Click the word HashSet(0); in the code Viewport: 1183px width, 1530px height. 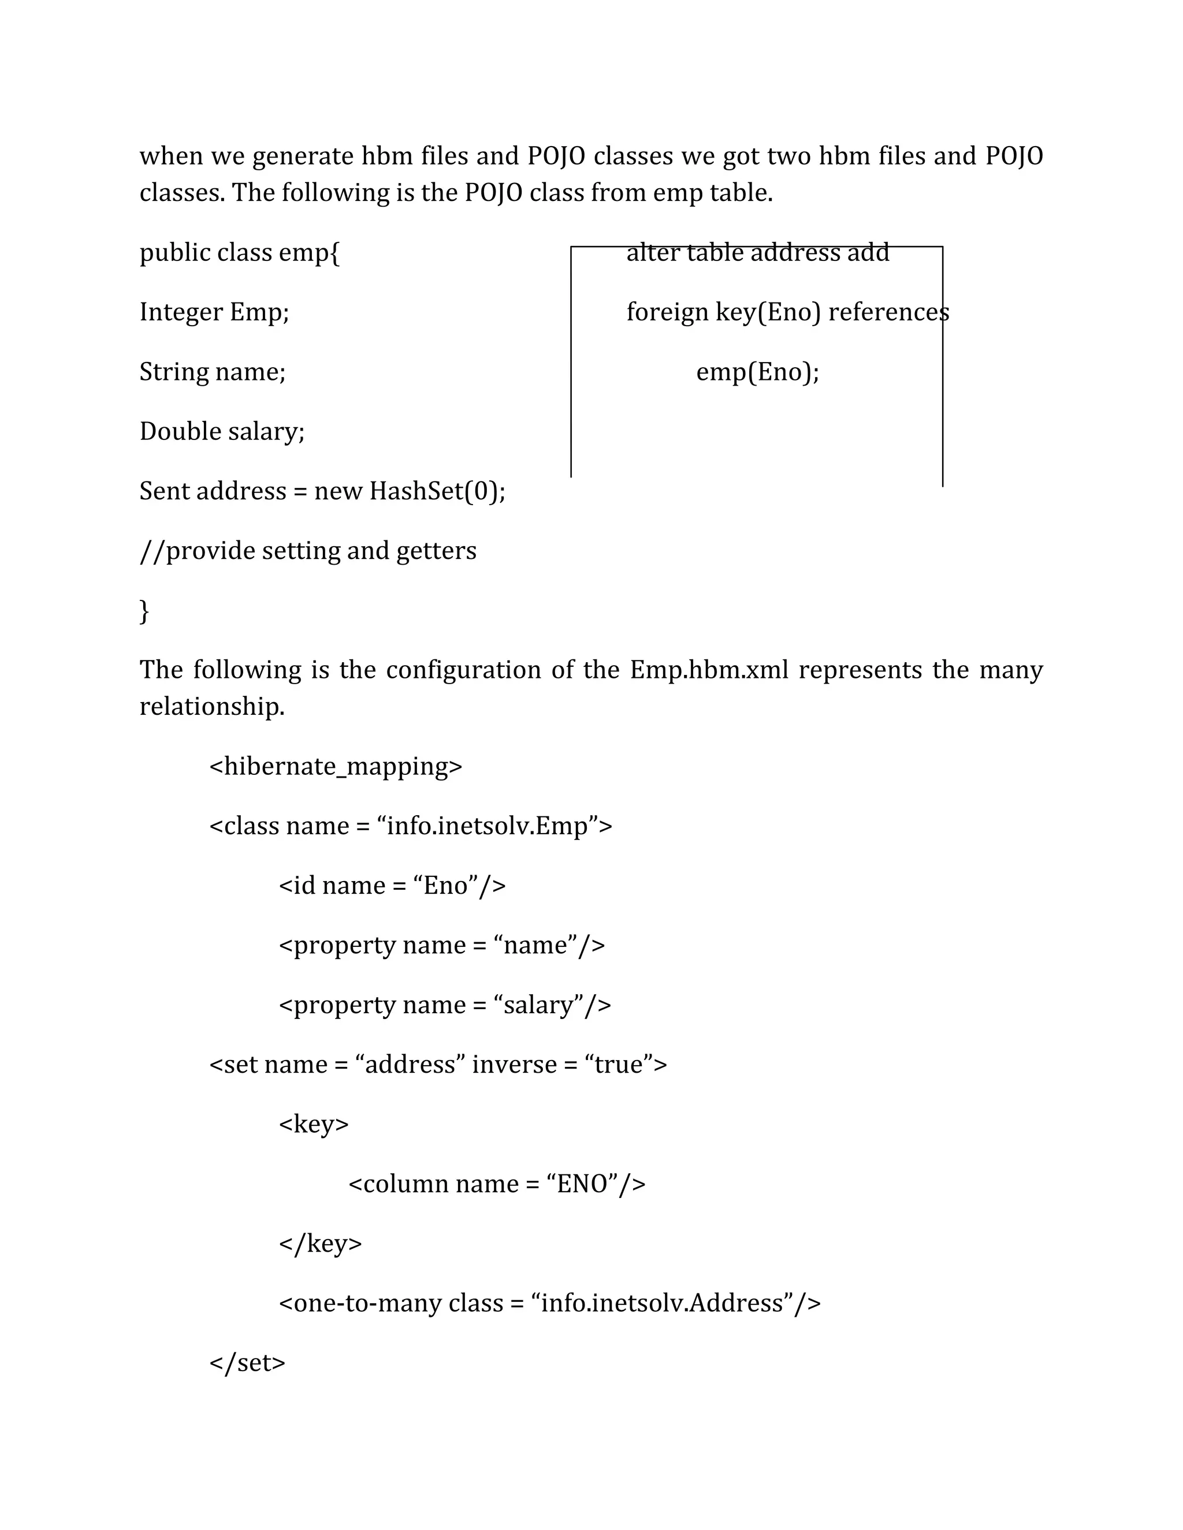click(x=437, y=491)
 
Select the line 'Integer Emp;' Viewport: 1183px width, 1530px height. click(x=214, y=312)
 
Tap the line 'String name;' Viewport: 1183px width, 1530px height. click(x=213, y=371)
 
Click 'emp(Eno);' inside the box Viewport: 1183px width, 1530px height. click(x=758, y=371)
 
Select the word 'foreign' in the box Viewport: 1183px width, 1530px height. click(x=667, y=312)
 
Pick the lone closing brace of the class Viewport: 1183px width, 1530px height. click(x=144, y=611)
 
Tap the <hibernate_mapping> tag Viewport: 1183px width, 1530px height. click(x=336, y=766)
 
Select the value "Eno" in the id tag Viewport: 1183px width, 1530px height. click(x=446, y=886)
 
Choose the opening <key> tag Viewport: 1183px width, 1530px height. click(x=313, y=1124)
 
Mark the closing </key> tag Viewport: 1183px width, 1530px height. click(x=320, y=1244)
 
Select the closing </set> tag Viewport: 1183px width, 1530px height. click(x=247, y=1363)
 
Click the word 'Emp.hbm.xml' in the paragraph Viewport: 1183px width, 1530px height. click(x=709, y=670)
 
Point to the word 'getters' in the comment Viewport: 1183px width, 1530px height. click(x=436, y=551)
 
